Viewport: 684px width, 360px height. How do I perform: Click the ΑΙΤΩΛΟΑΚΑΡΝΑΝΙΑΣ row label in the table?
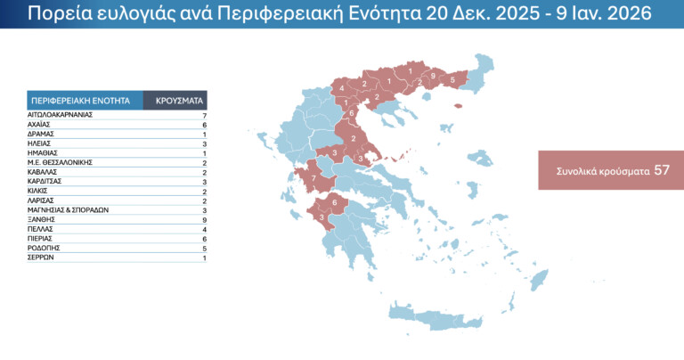pyautogui.click(x=61, y=115)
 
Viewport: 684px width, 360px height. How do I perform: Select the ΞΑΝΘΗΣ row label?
pyautogui.click(x=42, y=218)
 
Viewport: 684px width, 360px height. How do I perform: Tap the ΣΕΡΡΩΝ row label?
pyautogui.click(x=42, y=258)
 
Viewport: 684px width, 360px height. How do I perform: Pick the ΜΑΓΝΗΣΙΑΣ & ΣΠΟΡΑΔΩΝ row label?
pyautogui.click(x=68, y=209)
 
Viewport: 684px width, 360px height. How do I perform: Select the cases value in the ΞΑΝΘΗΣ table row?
pyautogui.click(x=204, y=218)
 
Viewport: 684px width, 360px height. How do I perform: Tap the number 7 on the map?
pyautogui.click(x=313, y=179)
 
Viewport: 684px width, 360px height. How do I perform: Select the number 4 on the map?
pyautogui.click(x=342, y=88)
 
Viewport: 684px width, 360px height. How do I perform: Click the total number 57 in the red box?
pyautogui.click(x=662, y=169)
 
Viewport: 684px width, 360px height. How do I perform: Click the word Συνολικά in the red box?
pyautogui.click(x=579, y=170)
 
